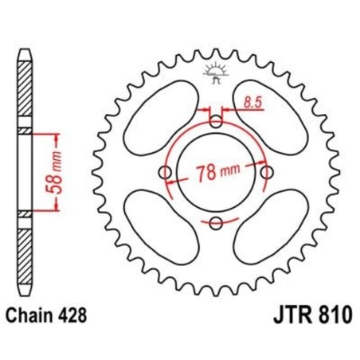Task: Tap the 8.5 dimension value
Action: tap(252, 102)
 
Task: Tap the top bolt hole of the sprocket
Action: tap(215, 122)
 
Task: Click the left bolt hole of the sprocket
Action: tap(166, 173)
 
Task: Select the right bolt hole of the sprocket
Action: tap(265, 172)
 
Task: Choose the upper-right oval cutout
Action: tap(269, 118)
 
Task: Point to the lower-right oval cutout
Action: tap(269, 226)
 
